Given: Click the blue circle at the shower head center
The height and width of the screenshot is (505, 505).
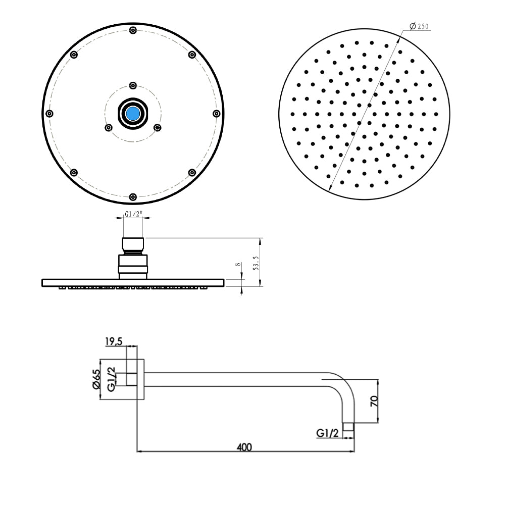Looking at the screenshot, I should (133, 113).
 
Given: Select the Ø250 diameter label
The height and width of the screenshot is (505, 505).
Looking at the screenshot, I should (420, 26).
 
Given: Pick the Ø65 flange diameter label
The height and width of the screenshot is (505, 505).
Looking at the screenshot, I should (97, 379).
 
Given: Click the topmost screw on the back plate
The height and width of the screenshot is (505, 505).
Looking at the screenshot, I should (133, 30).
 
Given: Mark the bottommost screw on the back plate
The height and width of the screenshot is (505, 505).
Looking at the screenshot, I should (133, 196).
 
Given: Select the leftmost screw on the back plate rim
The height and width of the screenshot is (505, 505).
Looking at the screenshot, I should (49, 113).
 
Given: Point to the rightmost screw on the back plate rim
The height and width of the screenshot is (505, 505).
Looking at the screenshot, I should (216, 113).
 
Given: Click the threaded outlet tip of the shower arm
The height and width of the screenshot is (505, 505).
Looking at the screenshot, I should (348, 427).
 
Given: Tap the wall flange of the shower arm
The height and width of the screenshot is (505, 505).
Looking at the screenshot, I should (141, 379).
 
